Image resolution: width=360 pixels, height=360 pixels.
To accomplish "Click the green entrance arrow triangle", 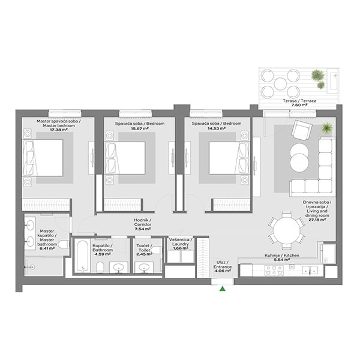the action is (x=222, y=289).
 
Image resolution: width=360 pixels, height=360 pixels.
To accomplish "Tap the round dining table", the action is (x=287, y=230).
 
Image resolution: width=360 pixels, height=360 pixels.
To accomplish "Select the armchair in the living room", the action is (x=301, y=130).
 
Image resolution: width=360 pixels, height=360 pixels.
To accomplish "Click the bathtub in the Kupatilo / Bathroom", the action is (x=82, y=256).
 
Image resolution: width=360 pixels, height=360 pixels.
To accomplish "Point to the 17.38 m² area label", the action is (x=59, y=130).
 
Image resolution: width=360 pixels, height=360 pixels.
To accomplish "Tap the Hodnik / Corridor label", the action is (x=142, y=222).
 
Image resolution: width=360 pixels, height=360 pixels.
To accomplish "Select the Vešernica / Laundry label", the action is (x=181, y=242).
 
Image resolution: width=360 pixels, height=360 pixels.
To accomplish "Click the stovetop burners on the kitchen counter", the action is (x=274, y=271).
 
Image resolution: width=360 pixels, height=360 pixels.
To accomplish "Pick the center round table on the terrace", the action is (x=280, y=84).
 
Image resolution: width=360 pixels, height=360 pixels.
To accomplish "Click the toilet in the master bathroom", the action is (x=64, y=244).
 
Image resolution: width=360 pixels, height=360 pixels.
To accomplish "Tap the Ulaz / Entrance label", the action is (x=222, y=265).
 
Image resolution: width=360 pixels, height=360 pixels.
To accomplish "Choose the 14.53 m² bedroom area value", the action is (x=216, y=128).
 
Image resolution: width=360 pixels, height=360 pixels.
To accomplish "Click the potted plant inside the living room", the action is (x=327, y=128).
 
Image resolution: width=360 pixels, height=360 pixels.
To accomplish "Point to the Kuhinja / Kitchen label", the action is (x=282, y=256).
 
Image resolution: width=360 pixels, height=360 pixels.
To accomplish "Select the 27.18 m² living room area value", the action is (x=317, y=220).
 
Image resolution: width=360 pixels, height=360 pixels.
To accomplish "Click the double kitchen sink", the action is (x=310, y=270).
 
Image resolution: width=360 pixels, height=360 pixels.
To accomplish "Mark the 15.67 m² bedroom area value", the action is (x=140, y=128).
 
